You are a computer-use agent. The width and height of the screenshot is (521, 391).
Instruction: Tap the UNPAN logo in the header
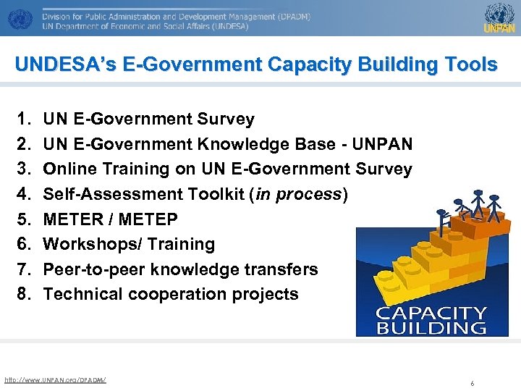[499, 18]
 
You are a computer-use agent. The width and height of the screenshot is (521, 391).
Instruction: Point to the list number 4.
[23, 194]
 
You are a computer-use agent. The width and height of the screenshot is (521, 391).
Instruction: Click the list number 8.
[23, 294]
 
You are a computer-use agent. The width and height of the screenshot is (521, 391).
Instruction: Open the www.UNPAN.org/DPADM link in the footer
[55, 379]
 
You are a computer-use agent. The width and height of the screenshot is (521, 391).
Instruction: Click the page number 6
[472, 383]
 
